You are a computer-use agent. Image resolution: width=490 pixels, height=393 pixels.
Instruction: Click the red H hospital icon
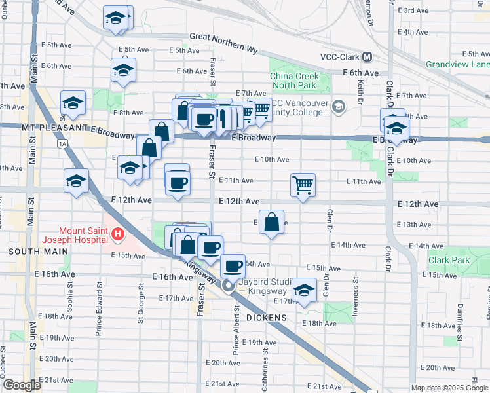[117, 234]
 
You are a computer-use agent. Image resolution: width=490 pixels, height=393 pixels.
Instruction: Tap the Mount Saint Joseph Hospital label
[84, 234]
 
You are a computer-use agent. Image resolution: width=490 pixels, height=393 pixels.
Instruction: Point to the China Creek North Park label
[295, 81]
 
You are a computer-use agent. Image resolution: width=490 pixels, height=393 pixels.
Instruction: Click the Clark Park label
[449, 260]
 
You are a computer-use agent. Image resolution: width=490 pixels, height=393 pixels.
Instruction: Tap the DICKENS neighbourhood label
[267, 318]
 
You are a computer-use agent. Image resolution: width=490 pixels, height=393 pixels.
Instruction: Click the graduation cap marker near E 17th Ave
[303, 290]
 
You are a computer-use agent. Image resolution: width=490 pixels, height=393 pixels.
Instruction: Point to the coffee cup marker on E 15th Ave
[232, 265]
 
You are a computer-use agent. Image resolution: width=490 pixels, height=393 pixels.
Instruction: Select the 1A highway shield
[62, 143]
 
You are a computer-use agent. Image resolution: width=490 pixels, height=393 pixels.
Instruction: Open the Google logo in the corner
[22, 386]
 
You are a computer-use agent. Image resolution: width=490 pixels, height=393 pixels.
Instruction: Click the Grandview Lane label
[457, 64]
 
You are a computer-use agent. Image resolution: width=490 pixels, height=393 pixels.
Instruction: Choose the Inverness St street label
[356, 298]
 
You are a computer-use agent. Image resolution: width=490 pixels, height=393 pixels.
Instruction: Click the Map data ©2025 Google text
[449, 388]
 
